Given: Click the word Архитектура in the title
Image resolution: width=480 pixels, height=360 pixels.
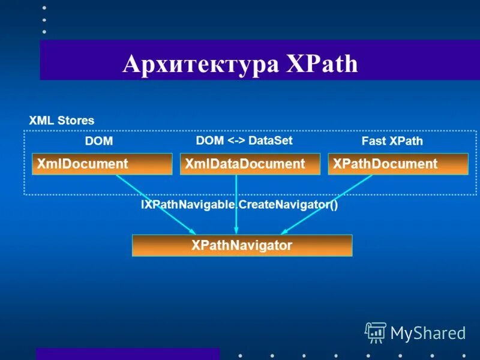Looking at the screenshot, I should [x=200, y=64].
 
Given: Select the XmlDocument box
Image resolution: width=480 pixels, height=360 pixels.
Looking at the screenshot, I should [x=102, y=164].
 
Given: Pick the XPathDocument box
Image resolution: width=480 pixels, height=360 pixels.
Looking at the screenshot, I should [x=398, y=164].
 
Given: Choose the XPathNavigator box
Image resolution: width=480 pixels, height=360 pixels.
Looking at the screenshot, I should [x=242, y=245].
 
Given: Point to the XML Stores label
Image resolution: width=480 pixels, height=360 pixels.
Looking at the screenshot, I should [x=62, y=120].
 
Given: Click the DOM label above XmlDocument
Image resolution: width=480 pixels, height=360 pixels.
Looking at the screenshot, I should [x=99, y=141].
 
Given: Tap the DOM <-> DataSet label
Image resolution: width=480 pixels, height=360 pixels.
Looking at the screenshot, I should [x=244, y=140].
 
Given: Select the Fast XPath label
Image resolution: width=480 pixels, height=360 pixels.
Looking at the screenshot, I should [x=392, y=141].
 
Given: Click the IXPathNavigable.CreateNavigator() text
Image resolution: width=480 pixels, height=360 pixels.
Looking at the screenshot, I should [x=239, y=205].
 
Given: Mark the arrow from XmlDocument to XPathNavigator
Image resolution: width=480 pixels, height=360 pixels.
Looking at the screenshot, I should [x=155, y=204].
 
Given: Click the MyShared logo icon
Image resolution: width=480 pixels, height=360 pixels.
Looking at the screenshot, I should [x=376, y=332].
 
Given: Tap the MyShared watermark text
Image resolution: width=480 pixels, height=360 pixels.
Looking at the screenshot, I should [x=428, y=332].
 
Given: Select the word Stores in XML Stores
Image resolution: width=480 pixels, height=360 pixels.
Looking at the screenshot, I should [x=76, y=120].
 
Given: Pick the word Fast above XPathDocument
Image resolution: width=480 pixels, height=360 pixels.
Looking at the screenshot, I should [x=374, y=141].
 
